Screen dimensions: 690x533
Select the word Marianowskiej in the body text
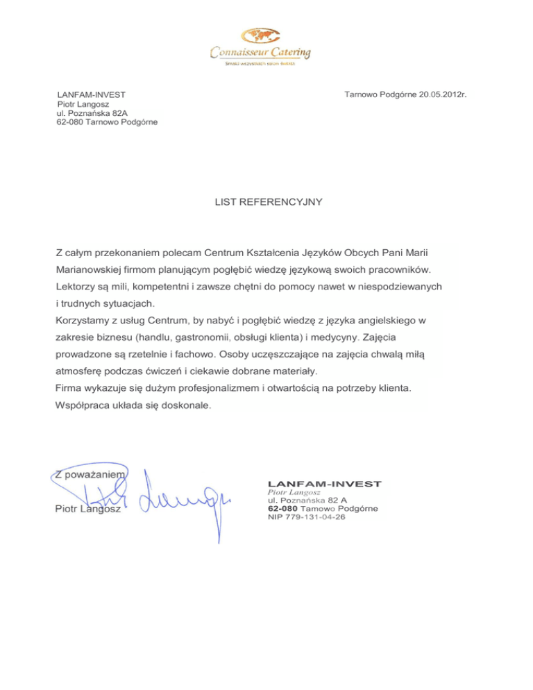(x=88, y=268)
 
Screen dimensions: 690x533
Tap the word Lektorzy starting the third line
(x=76, y=286)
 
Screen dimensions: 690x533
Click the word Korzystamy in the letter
(x=83, y=321)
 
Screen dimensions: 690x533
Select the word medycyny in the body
(x=330, y=338)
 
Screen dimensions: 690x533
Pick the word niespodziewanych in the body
(x=398, y=286)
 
